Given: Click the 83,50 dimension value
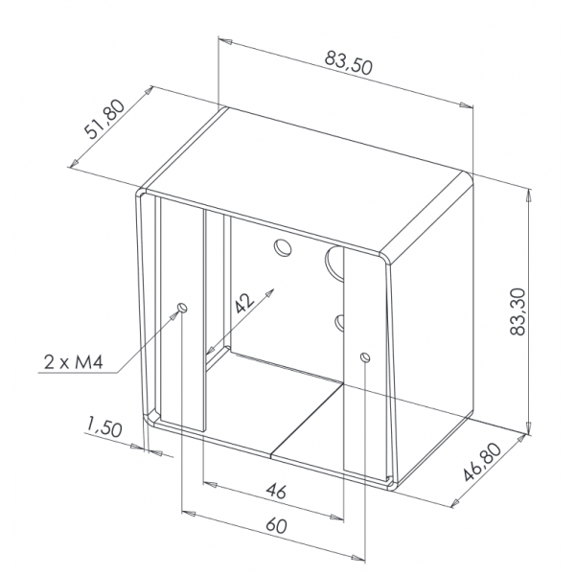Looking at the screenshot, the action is point(349,63).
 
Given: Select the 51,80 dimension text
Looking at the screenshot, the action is point(104,120).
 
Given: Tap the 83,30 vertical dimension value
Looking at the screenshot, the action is point(518,311).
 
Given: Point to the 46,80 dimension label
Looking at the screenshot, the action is point(481,462).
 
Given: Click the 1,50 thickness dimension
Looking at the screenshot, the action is point(103,427).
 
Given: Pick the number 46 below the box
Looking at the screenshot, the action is point(276,491).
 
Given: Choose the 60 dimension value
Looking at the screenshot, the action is point(276,525).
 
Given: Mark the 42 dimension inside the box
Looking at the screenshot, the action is point(244,304).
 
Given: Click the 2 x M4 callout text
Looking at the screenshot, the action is point(74,362).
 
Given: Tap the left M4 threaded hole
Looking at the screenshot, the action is point(182,308).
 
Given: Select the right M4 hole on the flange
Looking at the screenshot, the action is point(365,356).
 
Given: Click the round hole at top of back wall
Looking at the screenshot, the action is point(283,247).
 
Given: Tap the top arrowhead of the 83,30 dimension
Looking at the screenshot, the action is point(528,195).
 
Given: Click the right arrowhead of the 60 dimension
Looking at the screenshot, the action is point(357,558).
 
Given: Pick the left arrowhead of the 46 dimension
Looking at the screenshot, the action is point(210,484).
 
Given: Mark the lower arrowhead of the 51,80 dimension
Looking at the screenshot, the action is point(75,163).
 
